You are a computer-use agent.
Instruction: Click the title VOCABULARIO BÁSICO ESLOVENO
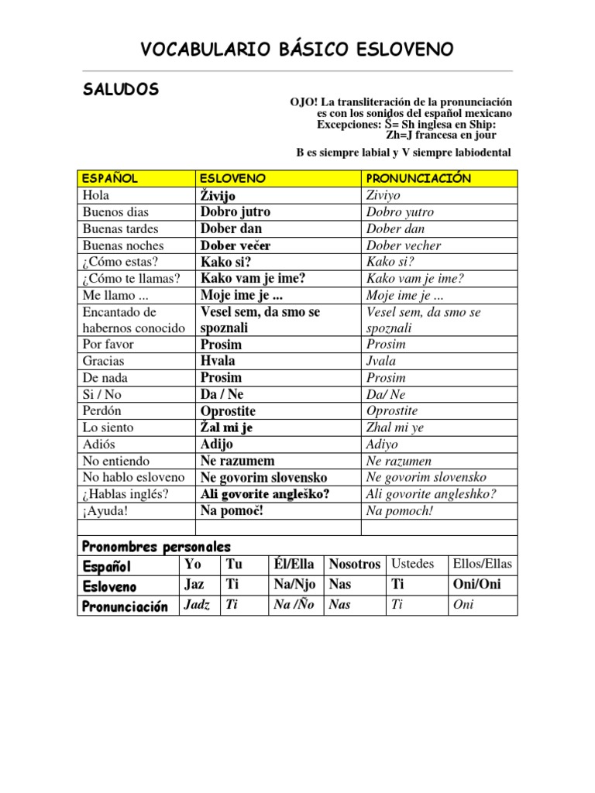coord(297,50)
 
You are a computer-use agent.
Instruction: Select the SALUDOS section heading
coord(121,90)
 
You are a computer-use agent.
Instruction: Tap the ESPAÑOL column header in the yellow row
coord(110,178)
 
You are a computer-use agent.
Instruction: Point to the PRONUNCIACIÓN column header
coord(418,178)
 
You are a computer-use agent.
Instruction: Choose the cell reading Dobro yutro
coord(400,212)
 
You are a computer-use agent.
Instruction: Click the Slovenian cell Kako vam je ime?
coord(253,279)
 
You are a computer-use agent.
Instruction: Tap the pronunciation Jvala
coord(381,361)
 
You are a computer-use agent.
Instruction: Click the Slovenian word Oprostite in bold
coord(228,411)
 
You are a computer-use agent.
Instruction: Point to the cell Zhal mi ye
coord(395,427)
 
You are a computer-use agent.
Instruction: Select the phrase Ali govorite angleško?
coord(265,494)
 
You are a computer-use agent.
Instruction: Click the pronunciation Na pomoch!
coord(400,511)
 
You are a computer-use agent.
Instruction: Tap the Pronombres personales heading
coord(156,548)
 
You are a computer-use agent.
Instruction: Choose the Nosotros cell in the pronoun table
coord(355,565)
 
